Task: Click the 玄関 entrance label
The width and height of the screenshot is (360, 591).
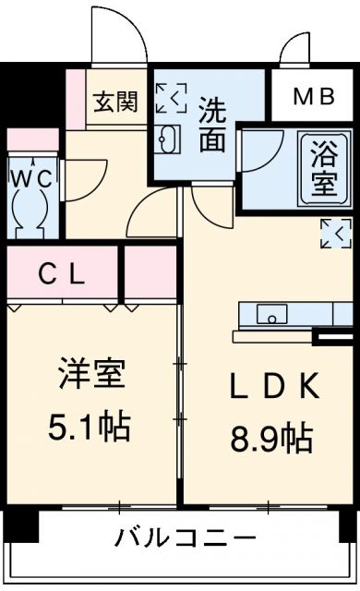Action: coord(114,101)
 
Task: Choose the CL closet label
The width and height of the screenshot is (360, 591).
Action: coord(63,273)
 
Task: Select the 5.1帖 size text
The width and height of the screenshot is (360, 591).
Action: coord(90,426)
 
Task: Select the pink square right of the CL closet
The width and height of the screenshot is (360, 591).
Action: coord(150,273)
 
